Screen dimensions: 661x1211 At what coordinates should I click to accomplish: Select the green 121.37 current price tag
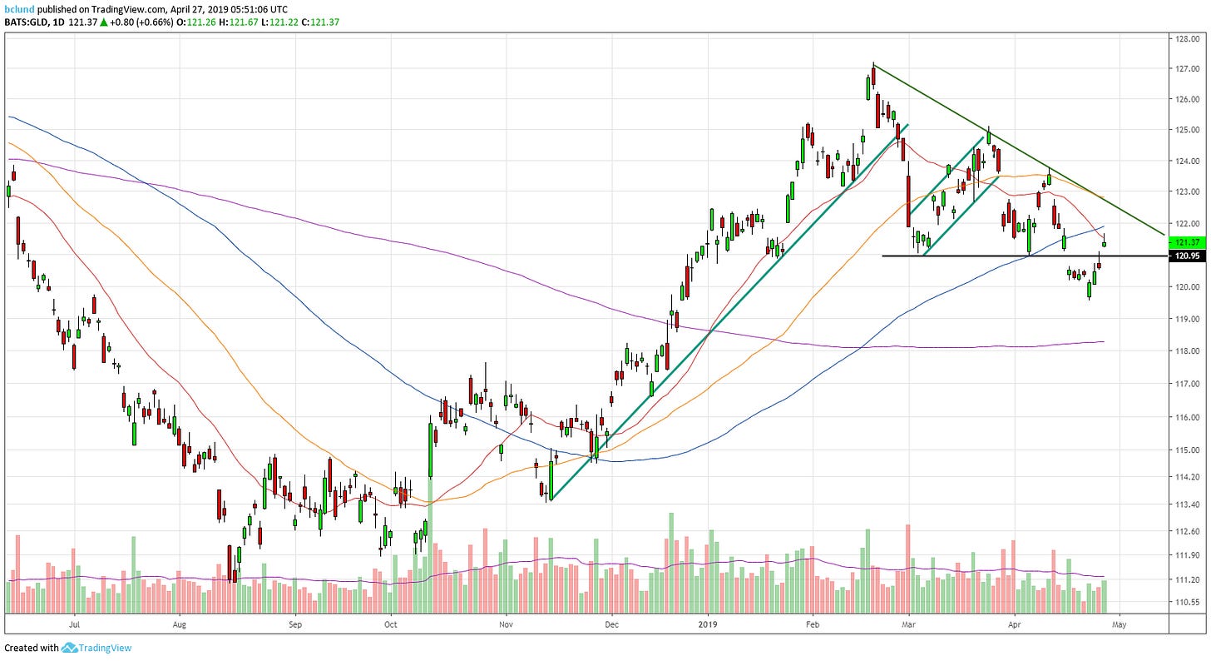[1187, 242]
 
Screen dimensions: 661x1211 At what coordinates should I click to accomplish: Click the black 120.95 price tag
[1187, 256]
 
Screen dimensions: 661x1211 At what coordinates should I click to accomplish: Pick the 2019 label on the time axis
[707, 623]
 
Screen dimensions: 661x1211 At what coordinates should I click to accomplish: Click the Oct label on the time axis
[391, 623]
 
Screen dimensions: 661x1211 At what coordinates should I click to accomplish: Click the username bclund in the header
[19, 7]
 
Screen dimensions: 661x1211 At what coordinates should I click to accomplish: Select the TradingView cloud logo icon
[69, 648]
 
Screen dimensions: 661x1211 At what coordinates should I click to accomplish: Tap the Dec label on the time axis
[611, 623]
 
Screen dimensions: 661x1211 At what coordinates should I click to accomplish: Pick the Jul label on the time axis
[75, 623]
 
